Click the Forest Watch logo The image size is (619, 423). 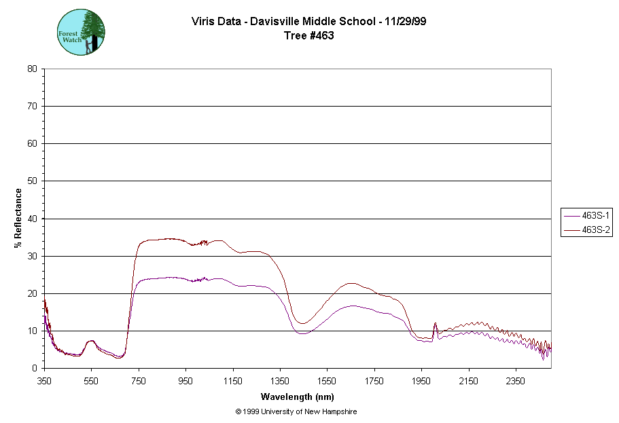click(81, 32)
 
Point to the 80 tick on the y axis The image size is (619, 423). click(32, 69)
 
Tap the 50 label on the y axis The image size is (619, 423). click(32, 181)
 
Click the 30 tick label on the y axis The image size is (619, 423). click(32, 256)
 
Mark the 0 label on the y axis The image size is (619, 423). click(34, 369)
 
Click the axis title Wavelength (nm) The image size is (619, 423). click(297, 397)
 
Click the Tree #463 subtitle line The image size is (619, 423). click(309, 35)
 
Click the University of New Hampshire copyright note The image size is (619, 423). click(296, 411)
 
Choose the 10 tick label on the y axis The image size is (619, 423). click(32, 331)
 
